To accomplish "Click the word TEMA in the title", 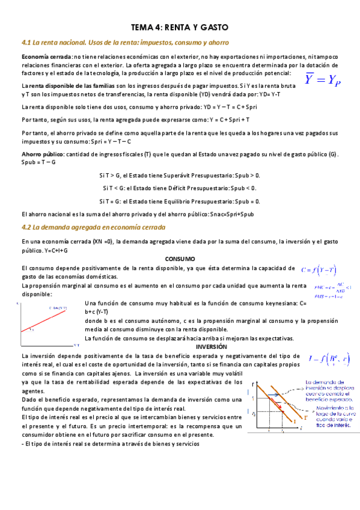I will (x=142, y=28).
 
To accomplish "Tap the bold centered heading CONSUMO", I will (x=180, y=259).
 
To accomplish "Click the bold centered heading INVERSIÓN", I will (x=211, y=347).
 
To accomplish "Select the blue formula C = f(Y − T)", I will (x=319, y=271).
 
